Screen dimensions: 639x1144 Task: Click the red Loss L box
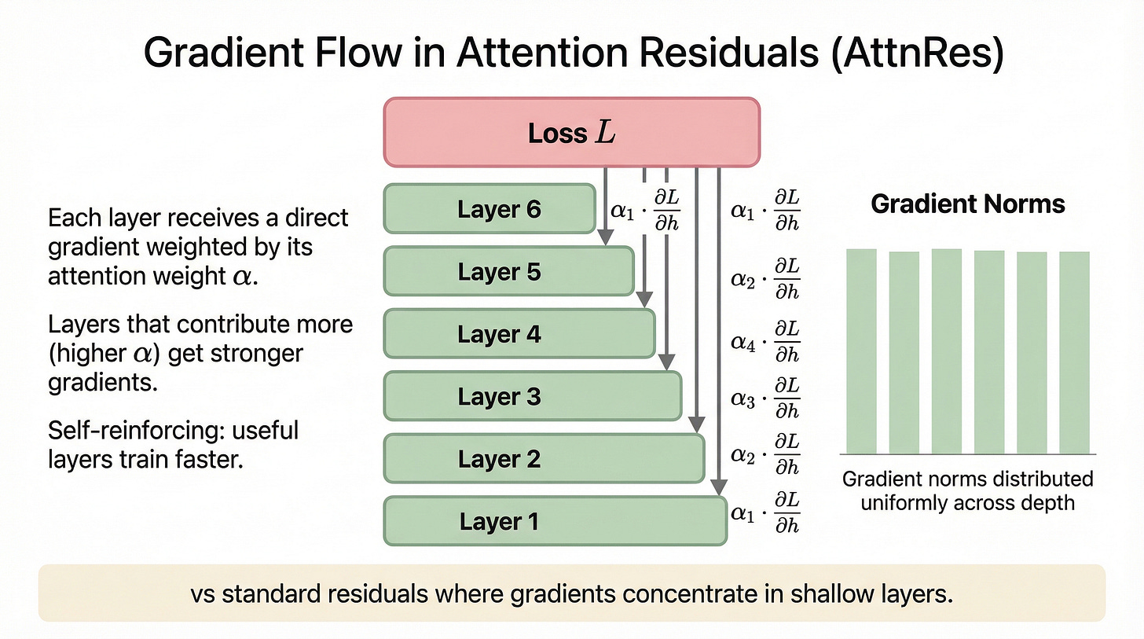point(571,132)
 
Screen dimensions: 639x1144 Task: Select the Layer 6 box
point(489,209)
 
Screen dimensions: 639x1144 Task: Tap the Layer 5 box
point(508,271)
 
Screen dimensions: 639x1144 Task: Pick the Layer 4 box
point(519,334)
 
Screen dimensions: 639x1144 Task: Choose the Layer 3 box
point(532,396)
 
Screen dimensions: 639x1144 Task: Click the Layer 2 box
point(543,459)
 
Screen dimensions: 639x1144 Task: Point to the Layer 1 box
point(555,521)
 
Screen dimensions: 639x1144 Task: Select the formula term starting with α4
point(764,342)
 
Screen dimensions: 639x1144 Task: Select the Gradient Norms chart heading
point(968,204)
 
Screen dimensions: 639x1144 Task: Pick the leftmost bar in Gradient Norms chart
point(861,351)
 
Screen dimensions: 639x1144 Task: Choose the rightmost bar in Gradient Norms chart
point(1074,352)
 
